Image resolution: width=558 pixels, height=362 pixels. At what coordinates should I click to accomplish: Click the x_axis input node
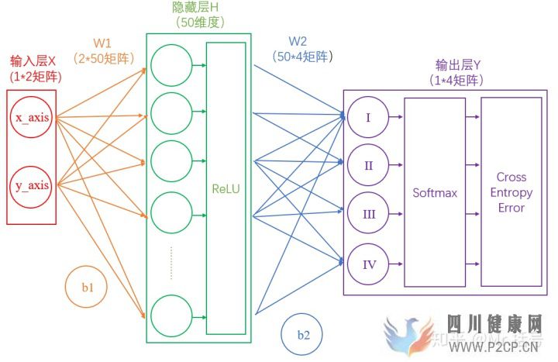tap(32, 119)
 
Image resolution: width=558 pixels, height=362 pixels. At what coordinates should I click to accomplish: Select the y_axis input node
tap(32, 185)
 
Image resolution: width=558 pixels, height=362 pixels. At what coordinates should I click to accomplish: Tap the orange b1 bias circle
tap(88, 287)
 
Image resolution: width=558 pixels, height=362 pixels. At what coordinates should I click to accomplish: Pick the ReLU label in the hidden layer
tap(226, 188)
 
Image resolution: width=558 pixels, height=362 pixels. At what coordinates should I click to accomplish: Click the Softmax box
tap(434, 192)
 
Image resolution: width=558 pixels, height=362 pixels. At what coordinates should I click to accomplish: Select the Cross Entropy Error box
tap(511, 192)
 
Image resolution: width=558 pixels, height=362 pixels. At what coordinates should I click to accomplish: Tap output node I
tap(369, 118)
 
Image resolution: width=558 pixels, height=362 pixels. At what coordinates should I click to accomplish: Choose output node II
tap(369, 165)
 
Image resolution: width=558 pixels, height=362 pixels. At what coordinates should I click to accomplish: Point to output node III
tap(369, 214)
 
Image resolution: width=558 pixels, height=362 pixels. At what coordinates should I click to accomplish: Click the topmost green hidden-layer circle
tap(171, 66)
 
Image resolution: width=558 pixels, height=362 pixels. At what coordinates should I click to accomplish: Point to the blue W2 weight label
tap(298, 40)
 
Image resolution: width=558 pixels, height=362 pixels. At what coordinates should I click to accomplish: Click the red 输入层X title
tap(33, 60)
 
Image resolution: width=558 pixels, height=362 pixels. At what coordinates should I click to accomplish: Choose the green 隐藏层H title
tap(195, 7)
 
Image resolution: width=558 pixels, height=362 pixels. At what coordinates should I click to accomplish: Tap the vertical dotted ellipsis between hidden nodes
tap(171, 262)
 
